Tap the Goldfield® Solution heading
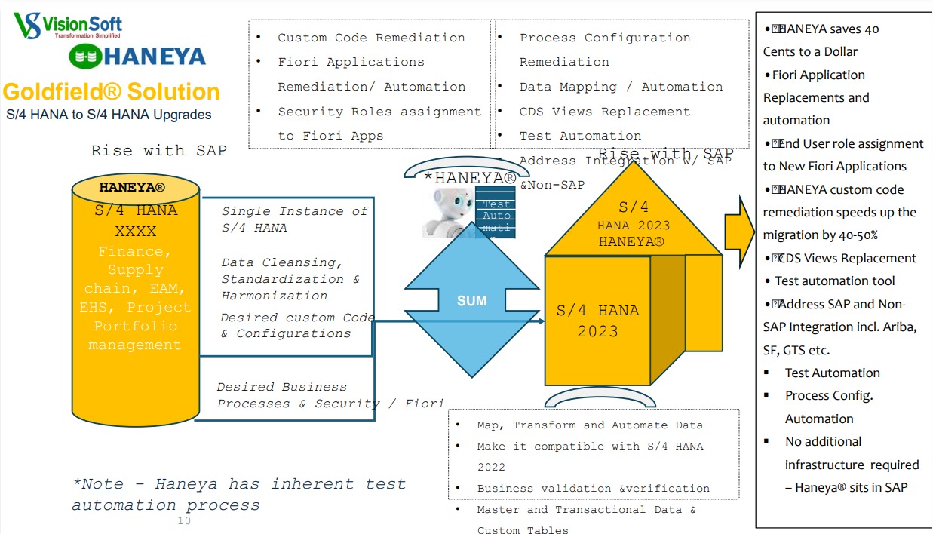112,92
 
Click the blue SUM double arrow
472,300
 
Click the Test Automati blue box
496,214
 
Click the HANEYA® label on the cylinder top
133,187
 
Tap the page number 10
184,521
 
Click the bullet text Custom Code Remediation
371,38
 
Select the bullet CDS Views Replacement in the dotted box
604,112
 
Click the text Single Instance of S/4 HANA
294,219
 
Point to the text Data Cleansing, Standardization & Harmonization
290,279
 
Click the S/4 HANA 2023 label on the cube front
597,321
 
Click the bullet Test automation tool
835,281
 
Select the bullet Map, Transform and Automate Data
590,425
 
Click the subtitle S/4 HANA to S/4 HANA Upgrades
109,115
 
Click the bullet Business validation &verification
593,489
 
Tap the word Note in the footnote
103,484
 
